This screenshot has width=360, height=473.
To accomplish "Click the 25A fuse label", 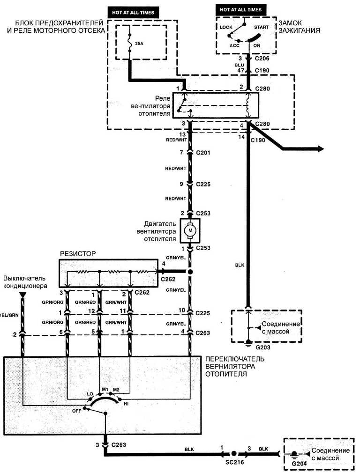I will coord(139,44).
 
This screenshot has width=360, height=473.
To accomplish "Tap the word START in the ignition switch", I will coord(262,27).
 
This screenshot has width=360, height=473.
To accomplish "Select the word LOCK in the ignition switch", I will coord(226,27).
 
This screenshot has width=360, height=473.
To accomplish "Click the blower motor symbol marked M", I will coord(190,230).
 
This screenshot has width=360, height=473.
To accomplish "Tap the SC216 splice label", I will coord(233,461).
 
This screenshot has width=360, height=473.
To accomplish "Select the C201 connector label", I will coord(203,153).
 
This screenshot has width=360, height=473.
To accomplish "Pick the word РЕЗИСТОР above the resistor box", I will coord(78,253).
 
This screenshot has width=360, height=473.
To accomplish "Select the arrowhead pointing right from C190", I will coord(320,149).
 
